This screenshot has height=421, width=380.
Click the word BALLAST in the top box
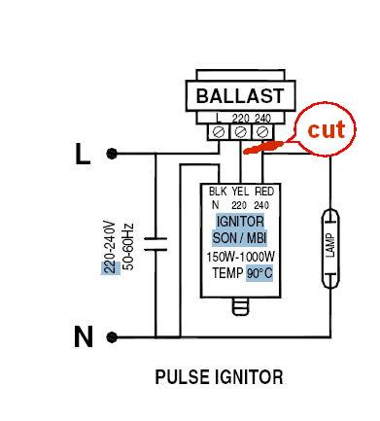tap(239, 96)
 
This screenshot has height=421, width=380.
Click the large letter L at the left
tap(82, 153)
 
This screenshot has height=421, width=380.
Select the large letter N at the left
tap(84, 337)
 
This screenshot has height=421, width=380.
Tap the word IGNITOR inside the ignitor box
tap(239, 223)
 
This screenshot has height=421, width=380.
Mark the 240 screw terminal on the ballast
tap(260, 129)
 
